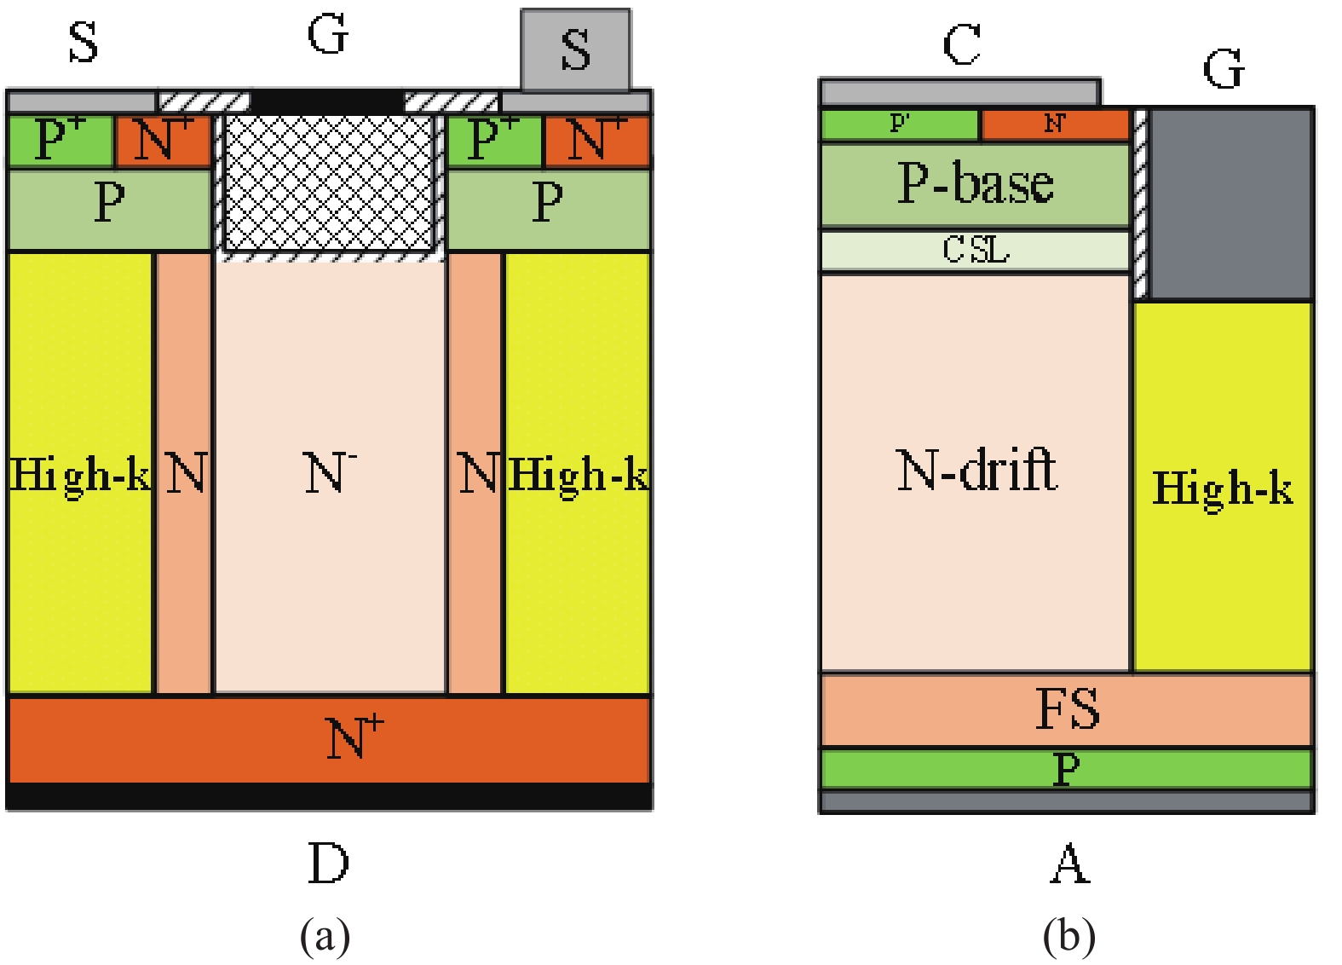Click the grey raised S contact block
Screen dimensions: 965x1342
point(575,49)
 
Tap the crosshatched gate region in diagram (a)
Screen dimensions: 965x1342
point(329,182)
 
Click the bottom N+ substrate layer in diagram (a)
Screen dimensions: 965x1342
point(329,739)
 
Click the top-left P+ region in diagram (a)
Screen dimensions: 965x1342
point(60,141)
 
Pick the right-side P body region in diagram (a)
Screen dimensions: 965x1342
point(548,209)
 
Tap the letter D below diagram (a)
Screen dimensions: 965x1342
point(328,864)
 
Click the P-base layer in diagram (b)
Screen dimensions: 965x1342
point(975,185)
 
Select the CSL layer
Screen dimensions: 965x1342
point(975,250)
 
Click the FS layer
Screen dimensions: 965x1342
point(1066,710)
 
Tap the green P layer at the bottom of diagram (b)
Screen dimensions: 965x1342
point(1066,769)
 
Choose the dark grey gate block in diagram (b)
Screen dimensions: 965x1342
point(1230,203)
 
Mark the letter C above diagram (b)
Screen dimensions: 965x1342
point(962,44)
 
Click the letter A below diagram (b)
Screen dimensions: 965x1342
point(1069,864)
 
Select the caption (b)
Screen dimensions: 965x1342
point(1068,936)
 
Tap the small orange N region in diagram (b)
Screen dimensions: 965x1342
point(1055,124)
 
